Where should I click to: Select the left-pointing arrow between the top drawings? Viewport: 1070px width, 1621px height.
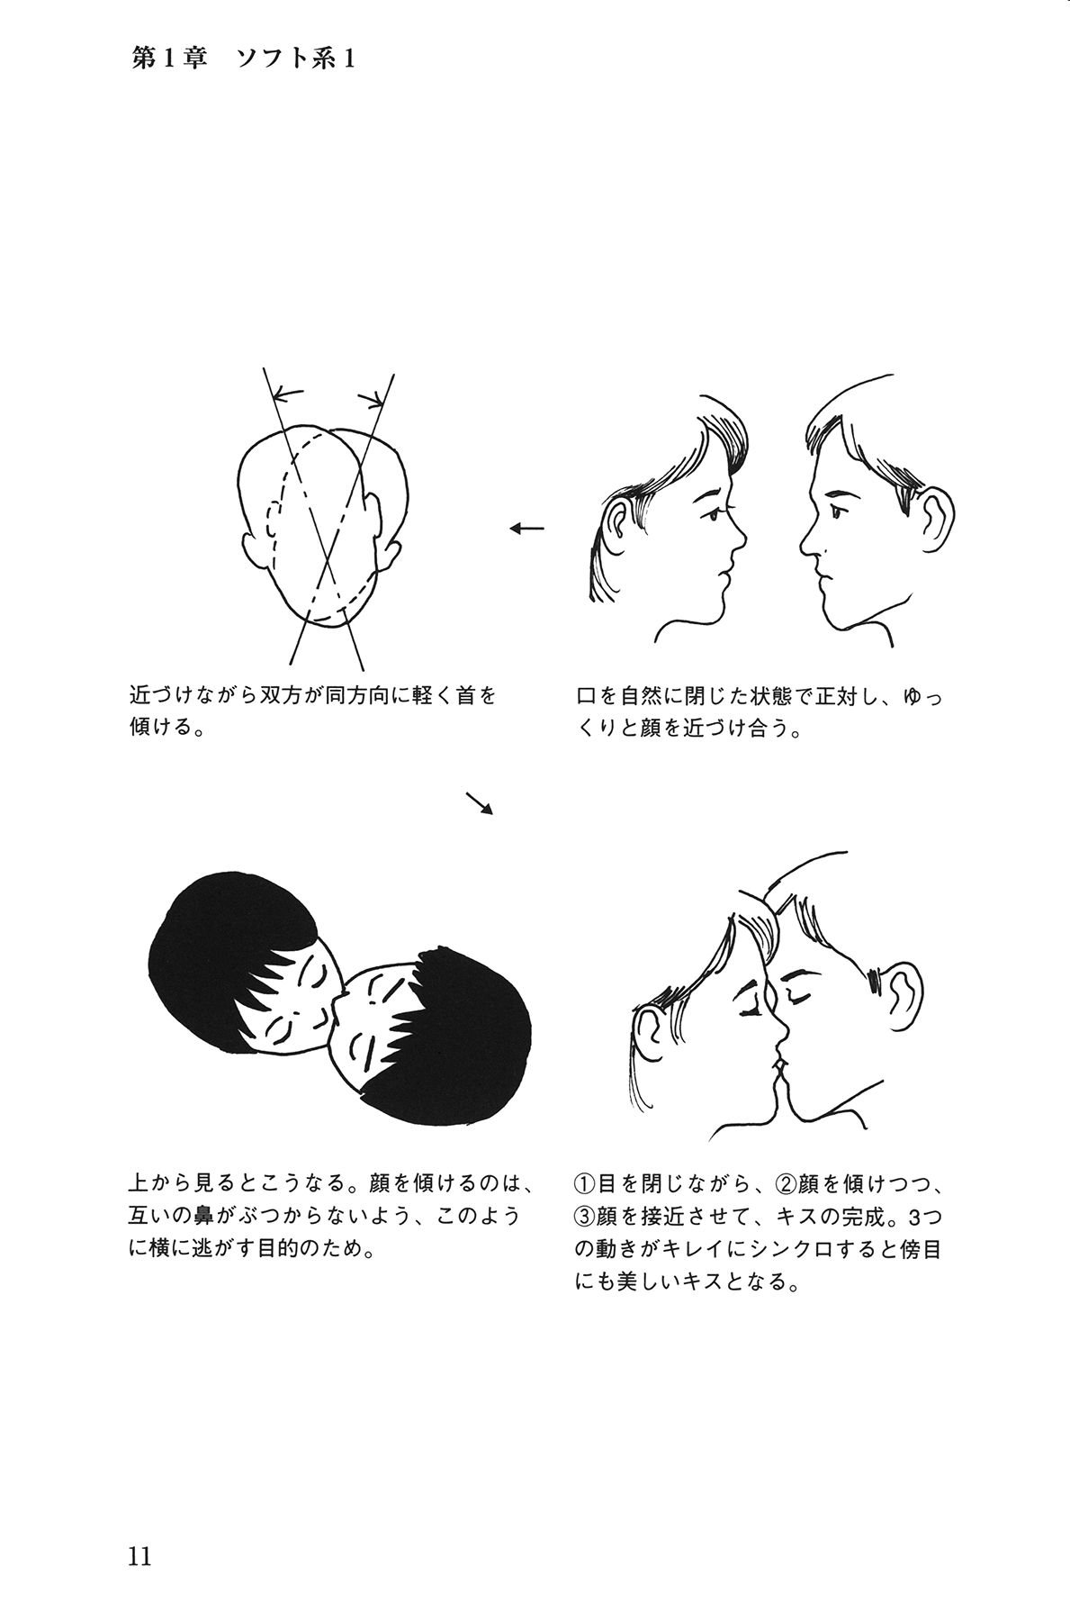click(527, 529)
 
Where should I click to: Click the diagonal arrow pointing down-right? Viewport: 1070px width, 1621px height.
click(480, 803)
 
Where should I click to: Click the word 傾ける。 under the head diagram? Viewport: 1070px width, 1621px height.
click(166, 727)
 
